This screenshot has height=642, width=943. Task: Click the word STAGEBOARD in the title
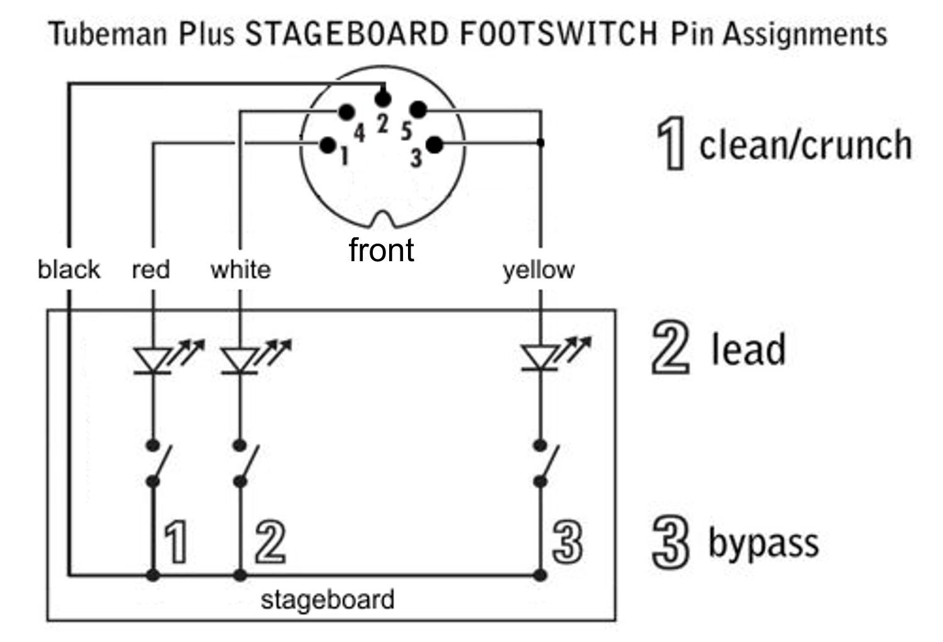click(x=346, y=33)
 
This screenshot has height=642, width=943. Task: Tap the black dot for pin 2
click(x=382, y=98)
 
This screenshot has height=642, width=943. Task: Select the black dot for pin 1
click(x=328, y=145)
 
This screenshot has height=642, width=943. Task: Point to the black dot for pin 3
click(x=434, y=145)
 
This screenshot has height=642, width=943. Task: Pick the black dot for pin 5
click(x=419, y=111)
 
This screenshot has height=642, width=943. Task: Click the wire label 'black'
click(x=69, y=269)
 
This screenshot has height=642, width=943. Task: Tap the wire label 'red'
click(x=151, y=269)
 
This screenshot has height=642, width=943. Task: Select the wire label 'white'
click(x=241, y=269)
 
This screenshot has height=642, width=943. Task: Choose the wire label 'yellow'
click(x=538, y=270)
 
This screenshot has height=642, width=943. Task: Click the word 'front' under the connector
click(x=382, y=250)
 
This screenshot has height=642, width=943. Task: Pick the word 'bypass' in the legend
click(x=763, y=543)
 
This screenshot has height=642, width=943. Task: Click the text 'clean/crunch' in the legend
click(x=805, y=145)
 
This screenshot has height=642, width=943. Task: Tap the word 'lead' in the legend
click(x=748, y=349)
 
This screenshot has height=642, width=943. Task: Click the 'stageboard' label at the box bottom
click(x=328, y=599)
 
